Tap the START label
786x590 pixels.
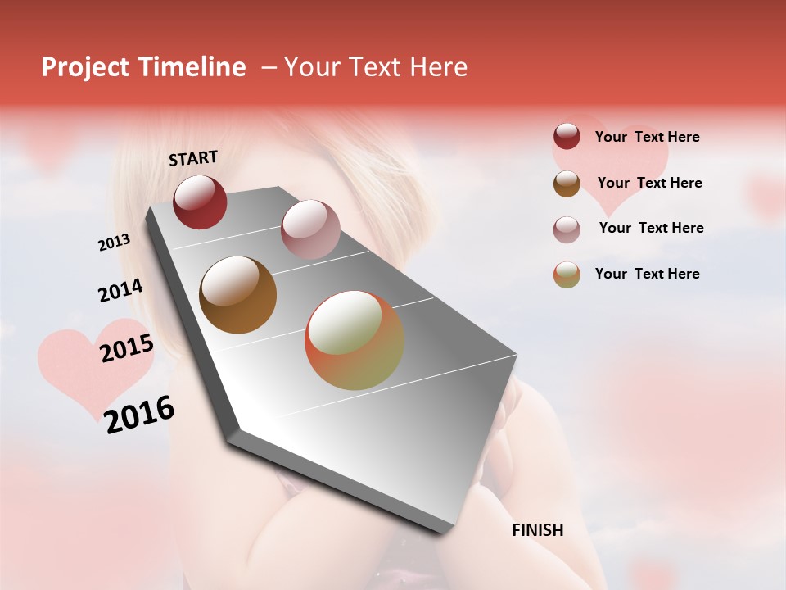(x=193, y=158)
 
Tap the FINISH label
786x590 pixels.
(x=537, y=530)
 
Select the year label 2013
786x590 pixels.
(x=115, y=243)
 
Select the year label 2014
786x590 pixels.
(x=121, y=291)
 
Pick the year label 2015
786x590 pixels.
(x=127, y=348)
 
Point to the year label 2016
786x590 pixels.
(x=139, y=414)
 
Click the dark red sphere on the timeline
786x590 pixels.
(x=200, y=202)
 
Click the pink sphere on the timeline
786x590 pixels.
(x=309, y=229)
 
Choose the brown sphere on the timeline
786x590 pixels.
(x=237, y=294)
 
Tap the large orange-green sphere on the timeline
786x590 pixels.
(x=354, y=340)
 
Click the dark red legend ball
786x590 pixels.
(x=567, y=137)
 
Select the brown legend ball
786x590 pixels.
(x=567, y=184)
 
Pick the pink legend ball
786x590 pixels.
(x=567, y=229)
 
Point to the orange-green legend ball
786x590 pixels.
(x=567, y=275)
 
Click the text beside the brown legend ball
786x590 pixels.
(x=649, y=183)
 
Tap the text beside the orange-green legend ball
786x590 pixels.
(x=647, y=274)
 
